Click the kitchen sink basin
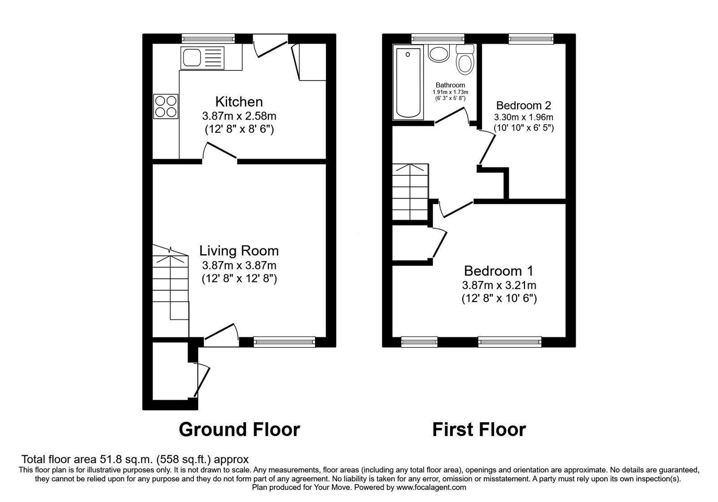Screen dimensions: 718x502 [192, 58]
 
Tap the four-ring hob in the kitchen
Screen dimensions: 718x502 [166, 106]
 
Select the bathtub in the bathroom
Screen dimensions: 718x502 [408, 82]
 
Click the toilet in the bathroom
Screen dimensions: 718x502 [465, 59]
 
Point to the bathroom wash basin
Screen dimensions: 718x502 [438, 53]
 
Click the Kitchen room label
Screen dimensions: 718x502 [239, 102]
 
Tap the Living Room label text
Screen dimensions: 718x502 [239, 251]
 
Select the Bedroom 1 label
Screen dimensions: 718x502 [499, 271]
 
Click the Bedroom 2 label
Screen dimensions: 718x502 [523, 105]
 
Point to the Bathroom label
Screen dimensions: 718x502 [450, 85]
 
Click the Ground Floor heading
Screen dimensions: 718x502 [240, 430]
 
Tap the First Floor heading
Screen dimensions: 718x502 [479, 430]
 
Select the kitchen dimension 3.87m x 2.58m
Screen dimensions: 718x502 [239, 116]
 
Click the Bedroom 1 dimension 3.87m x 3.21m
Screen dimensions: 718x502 [499, 285]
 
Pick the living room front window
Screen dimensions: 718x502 [285, 342]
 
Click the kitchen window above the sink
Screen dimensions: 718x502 [208, 39]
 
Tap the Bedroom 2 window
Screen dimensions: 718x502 [531, 39]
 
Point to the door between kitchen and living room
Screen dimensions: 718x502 [219, 151]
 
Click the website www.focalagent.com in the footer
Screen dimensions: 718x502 [431, 487]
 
